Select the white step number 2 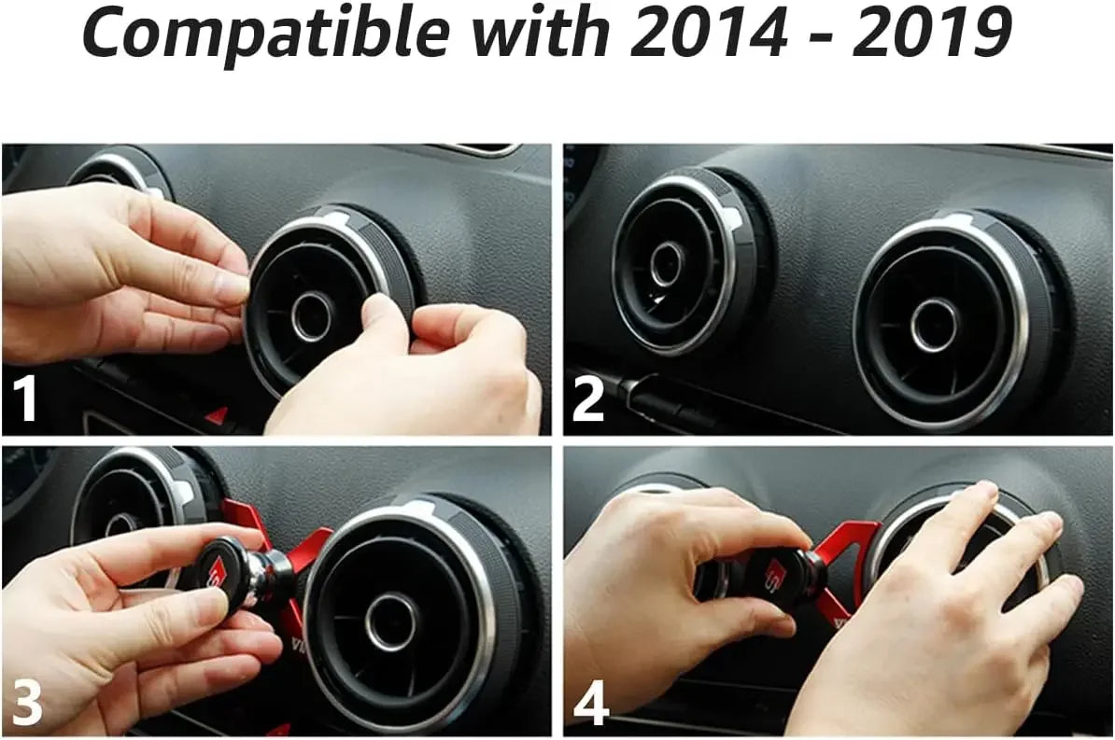pos(588,399)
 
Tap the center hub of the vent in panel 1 pos(312,317)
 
